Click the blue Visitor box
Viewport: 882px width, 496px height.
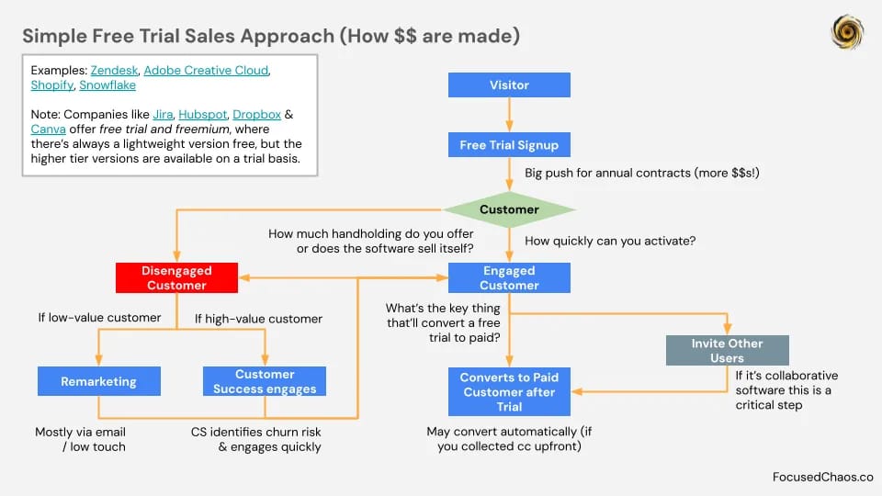tap(509, 85)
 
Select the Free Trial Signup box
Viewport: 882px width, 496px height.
tap(509, 144)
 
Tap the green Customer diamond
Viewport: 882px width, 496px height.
tap(509, 209)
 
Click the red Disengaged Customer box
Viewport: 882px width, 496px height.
tap(176, 277)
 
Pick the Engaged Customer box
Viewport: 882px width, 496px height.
tap(509, 277)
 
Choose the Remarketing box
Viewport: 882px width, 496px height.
tap(99, 381)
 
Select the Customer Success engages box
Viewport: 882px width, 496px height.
tap(265, 381)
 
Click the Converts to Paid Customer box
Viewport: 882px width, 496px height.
tap(509, 392)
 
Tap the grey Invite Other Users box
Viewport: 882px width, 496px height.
tap(728, 350)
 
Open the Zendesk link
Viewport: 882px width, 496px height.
tap(114, 71)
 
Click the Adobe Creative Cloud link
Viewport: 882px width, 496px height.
tap(206, 71)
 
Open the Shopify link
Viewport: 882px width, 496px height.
tap(52, 85)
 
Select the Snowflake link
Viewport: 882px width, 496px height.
tap(107, 85)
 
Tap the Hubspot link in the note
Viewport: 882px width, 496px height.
tap(202, 114)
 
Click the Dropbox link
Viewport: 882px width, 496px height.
tap(256, 114)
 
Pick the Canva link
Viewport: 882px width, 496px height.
tap(49, 129)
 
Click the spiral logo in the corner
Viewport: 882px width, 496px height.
tap(847, 32)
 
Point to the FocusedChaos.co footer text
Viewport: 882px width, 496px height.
tap(822, 477)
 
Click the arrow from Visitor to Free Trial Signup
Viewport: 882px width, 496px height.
tap(509, 115)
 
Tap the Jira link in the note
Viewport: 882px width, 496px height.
tap(163, 114)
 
